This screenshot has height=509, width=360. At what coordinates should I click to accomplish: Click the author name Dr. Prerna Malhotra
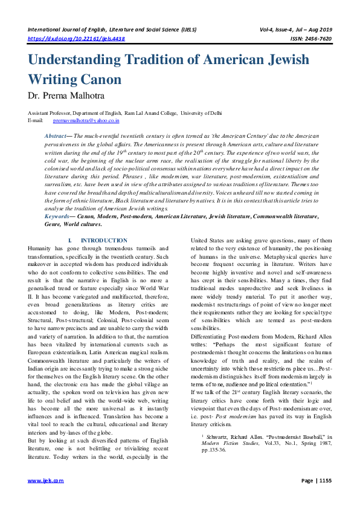[x=66, y=95]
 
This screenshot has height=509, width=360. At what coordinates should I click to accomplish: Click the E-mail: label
[x=36, y=121]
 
